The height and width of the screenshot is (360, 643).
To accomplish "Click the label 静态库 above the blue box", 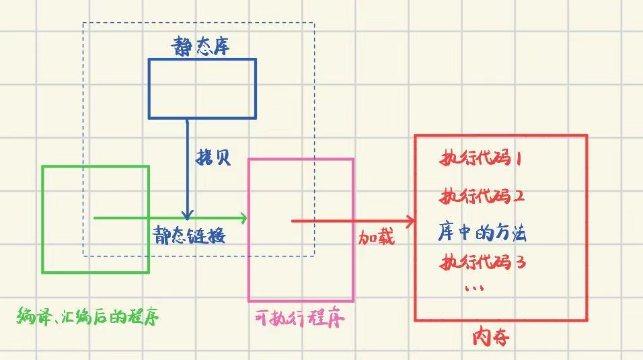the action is [202, 46].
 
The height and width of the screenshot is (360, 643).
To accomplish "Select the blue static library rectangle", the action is [202, 88].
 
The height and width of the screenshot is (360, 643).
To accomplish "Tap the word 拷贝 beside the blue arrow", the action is [213, 157].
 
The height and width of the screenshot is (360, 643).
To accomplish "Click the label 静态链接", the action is [189, 236].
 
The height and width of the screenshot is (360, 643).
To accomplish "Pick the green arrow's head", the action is [244, 217].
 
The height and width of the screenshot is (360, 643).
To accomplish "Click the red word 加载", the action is [376, 237].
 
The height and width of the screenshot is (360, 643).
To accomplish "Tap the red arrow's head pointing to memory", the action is [411, 221].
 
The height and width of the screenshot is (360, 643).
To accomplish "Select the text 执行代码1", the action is [481, 159].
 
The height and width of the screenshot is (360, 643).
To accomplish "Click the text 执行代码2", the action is [482, 196].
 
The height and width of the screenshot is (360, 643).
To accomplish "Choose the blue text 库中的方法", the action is [482, 233].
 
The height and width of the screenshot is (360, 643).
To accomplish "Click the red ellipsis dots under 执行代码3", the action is [475, 289].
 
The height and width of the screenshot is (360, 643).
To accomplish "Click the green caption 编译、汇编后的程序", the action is [88, 316].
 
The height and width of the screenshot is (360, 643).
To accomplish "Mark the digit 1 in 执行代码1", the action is [519, 159].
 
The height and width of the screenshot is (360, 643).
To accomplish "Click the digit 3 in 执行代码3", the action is [519, 262].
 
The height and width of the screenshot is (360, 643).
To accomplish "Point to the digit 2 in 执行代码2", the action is [519, 197].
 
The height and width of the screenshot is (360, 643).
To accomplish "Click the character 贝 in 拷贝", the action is [223, 157].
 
